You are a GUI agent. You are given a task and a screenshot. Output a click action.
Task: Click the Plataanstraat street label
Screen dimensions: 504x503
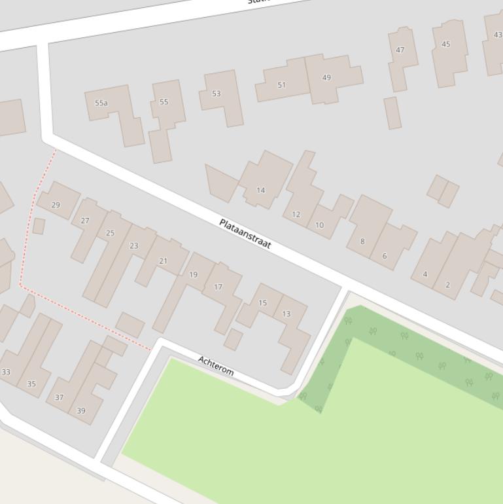[245, 234]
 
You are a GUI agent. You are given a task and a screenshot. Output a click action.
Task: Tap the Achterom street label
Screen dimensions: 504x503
[216, 365]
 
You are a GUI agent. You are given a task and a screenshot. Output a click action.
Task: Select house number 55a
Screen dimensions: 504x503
[101, 103]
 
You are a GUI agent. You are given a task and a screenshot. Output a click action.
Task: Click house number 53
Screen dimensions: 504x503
[217, 94]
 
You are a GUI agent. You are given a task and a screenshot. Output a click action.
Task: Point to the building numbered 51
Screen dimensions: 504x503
[282, 84]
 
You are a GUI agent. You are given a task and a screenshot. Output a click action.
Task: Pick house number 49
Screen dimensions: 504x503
[326, 77]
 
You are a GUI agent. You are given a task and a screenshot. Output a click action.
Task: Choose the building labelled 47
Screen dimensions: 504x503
[400, 50]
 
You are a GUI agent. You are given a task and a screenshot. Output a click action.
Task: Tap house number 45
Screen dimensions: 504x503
[446, 45]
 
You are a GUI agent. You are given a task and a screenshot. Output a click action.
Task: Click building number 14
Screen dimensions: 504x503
[261, 190]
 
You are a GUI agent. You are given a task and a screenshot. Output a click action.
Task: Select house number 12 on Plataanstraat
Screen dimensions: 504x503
[296, 214]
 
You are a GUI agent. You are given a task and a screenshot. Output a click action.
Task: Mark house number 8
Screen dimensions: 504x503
[362, 242]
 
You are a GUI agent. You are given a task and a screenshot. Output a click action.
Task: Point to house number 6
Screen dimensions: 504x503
[385, 256]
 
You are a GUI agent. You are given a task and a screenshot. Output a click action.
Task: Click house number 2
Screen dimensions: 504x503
[448, 285]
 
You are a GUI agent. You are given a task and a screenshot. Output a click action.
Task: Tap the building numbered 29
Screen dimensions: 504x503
[56, 205]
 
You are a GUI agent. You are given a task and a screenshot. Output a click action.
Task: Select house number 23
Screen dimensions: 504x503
[134, 246]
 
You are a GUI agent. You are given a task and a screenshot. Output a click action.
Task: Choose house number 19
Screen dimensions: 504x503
[193, 275]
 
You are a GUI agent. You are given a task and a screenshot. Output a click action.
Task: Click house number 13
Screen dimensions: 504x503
[286, 314]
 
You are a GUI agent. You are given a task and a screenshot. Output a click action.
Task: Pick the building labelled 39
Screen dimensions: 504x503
[81, 411]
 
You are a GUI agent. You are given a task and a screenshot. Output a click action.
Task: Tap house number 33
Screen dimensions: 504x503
[6, 372]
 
